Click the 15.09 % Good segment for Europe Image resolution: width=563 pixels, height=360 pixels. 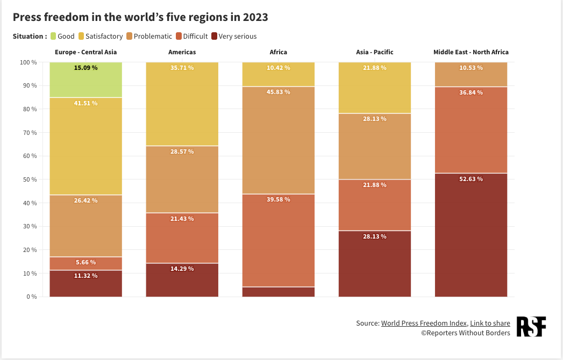click(x=85, y=80)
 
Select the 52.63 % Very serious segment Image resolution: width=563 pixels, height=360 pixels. click(x=471, y=235)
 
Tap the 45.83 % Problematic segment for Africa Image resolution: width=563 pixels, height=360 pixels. click(x=279, y=140)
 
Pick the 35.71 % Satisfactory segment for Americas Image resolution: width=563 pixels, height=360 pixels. click(x=182, y=104)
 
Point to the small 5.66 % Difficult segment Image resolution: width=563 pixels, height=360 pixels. click(x=85, y=263)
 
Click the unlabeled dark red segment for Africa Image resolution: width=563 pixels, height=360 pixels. click(x=279, y=292)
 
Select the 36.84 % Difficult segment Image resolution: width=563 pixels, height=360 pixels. click(x=471, y=129)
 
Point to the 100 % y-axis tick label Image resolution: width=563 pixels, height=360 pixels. click(x=27, y=62)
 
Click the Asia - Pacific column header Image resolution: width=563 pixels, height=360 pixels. click(x=375, y=52)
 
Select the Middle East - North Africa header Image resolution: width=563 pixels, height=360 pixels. click(x=471, y=52)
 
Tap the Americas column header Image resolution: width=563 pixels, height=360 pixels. click(x=182, y=52)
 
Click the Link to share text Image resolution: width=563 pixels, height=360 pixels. click(x=490, y=323)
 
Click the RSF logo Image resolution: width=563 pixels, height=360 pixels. click(x=531, y=327)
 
